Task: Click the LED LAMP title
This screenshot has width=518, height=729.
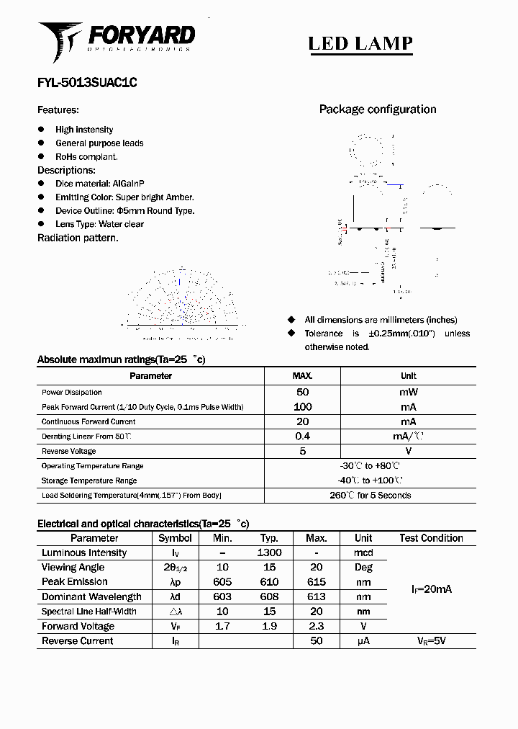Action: tap(360, 43)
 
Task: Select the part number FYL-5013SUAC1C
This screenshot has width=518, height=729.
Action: tap(87, 83)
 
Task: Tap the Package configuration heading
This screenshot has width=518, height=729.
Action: tap(378, 109)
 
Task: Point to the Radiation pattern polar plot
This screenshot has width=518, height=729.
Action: tap(182, 301)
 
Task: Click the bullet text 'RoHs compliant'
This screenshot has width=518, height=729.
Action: tap(86, 156)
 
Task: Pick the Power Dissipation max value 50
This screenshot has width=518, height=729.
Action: tap(302, 392)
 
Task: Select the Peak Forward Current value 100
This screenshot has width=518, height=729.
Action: tap(302, 407)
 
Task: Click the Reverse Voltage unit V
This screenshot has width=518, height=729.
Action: tap(408, 451)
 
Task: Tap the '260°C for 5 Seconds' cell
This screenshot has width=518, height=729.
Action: tap(370, 496)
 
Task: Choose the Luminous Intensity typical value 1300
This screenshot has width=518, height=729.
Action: tap(269, 553)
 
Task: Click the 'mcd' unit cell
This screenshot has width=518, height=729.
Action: tap(363, 553)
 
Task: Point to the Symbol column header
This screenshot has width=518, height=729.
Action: tap(175, 538)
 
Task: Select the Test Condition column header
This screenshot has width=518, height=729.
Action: tap(431, 538)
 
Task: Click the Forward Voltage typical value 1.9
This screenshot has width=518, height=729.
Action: tap(269, 626)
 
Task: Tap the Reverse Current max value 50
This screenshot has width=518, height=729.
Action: tap(317, 640)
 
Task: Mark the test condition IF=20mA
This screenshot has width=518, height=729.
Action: tap(432, 589)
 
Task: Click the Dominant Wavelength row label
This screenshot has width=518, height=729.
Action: tap(91, 596)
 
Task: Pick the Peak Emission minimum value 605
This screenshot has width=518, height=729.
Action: tap(223, 582)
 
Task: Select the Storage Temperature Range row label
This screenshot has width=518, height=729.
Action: tap(89, 480)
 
